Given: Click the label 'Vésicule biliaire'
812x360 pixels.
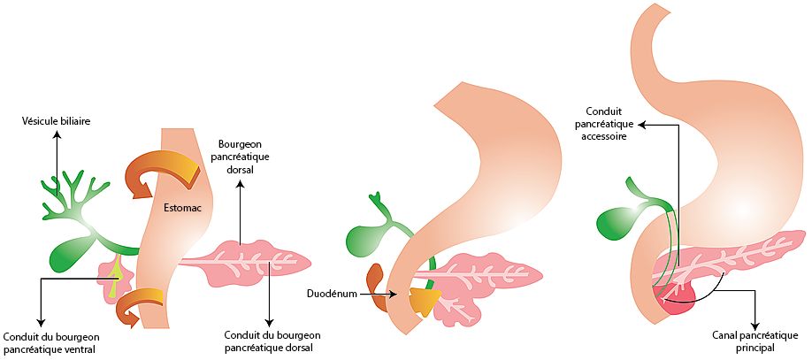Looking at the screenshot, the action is (x=57, y=121).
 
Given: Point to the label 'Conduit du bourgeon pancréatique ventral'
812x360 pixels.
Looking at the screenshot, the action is (x=51, y=341).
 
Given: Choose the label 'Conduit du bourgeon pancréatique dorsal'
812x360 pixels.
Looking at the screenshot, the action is (x=272, y=341).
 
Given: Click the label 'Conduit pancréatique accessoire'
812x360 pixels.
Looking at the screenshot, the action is (x=608, y=124).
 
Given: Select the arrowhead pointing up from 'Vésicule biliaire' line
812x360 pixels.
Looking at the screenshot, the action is (x=57, y=134).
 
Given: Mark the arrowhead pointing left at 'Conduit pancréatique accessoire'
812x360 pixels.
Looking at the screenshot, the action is (x=641, y=125).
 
